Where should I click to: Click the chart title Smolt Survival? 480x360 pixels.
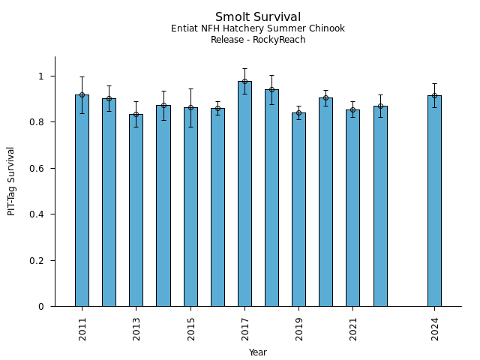[258, 17]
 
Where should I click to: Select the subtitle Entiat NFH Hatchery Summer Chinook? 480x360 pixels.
[258, 28]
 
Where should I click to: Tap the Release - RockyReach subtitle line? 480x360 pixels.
[258, 40]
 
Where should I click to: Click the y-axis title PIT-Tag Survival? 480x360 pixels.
[11, 181]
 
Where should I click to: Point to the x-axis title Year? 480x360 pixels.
[258, 352]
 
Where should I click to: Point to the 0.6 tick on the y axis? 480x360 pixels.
[40, 168]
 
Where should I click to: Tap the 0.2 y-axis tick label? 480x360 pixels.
[40, 260]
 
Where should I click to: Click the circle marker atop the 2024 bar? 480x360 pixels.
[434, 95]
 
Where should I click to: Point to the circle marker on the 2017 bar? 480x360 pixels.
[244, 81]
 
